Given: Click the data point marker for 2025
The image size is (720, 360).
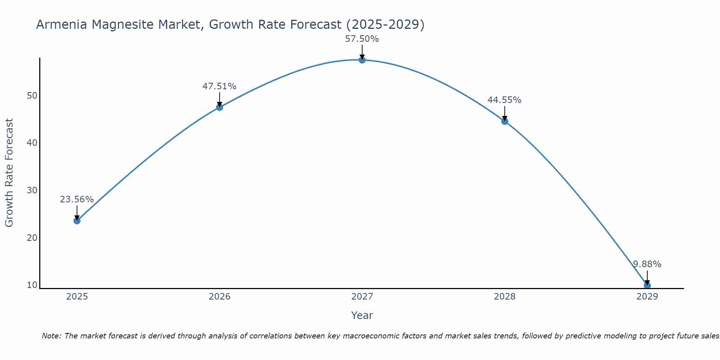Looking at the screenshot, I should [77, 221].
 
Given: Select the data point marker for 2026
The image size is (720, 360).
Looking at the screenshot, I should [219, 107].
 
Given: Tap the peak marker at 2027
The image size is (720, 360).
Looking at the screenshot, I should [362, 60].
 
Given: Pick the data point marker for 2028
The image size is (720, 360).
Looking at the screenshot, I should [504, 121].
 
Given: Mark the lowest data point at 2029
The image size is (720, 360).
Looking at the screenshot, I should [647, 285].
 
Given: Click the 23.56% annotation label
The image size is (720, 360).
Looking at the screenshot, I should [77, 199].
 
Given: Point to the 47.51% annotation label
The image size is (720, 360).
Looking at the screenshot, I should [219, 86].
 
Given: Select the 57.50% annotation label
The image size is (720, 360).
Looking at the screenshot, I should [362, 39].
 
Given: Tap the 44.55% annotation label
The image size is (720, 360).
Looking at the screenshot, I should [504, 100].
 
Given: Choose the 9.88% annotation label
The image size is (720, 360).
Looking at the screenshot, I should [647, 264].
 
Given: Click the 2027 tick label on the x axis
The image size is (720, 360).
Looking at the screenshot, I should [362, 297].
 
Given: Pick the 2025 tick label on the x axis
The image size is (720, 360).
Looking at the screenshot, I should [77, 297].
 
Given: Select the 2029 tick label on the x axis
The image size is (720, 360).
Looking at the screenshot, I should [647, 297].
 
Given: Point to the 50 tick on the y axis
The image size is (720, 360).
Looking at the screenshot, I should [32, 96].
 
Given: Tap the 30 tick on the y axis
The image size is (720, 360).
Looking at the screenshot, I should [32, 190].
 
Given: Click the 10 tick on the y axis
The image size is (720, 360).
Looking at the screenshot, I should [32, 285].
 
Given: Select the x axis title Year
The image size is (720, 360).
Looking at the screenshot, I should [362, 315].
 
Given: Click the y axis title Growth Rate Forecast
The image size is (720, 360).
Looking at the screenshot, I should [9, 172].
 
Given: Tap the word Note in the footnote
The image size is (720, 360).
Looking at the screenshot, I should [51, 336].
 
